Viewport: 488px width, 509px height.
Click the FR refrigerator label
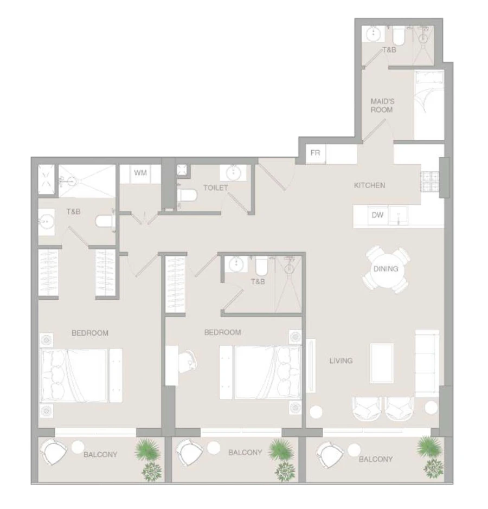coord(316,153)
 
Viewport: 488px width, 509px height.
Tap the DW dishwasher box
coord(378,215)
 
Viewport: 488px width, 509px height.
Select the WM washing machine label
coord(140,173)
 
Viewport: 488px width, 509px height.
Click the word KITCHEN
coord(370,185)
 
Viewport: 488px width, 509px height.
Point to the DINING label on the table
coord(386,269)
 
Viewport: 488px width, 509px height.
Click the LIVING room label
coord(341,360)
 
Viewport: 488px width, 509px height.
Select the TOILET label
coord(216,188)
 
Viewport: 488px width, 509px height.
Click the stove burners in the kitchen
coord(428,182)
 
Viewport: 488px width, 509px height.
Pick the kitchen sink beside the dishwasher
coord(399,216)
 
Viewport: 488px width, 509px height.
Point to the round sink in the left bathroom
coord(46,221)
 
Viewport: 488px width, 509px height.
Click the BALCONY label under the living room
coord(376,459)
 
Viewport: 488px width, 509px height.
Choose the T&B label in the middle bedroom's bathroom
coord(258,282)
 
